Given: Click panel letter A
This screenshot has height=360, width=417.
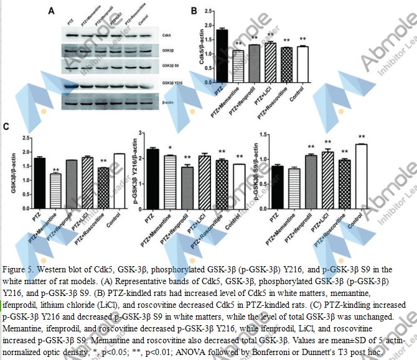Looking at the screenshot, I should coord(51,10).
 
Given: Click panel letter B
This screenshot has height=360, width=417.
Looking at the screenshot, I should coord(194,11).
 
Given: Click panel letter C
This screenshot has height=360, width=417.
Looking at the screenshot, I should coord(7,127).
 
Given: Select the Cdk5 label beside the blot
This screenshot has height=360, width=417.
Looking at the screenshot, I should coord(167,37).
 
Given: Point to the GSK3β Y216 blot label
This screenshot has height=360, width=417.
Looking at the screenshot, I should coord(172,82).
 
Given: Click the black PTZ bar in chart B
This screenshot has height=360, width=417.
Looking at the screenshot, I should coord(222,57).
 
